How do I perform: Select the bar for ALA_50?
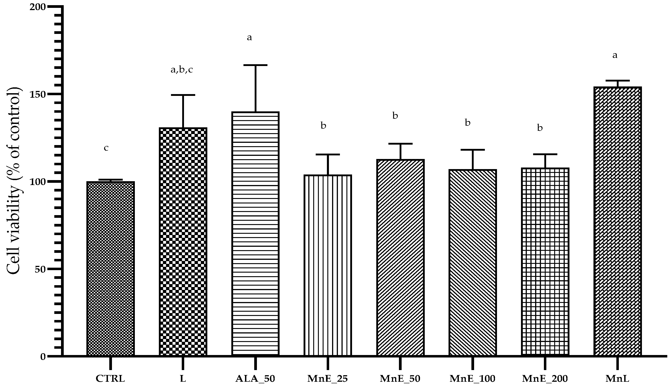coord(255,233)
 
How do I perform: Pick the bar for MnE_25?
coord(328,265)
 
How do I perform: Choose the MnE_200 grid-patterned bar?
coord(545,262)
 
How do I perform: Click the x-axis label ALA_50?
coord(255,379)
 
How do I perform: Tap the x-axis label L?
coord(183,378)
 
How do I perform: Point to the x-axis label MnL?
coord(617,378)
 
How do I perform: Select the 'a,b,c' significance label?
coord(182,70)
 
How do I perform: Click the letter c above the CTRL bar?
coord(106,148)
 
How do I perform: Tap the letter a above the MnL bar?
coord(615,55)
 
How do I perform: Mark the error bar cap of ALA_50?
coord(256,65)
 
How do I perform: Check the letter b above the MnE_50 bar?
coord(395,116)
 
